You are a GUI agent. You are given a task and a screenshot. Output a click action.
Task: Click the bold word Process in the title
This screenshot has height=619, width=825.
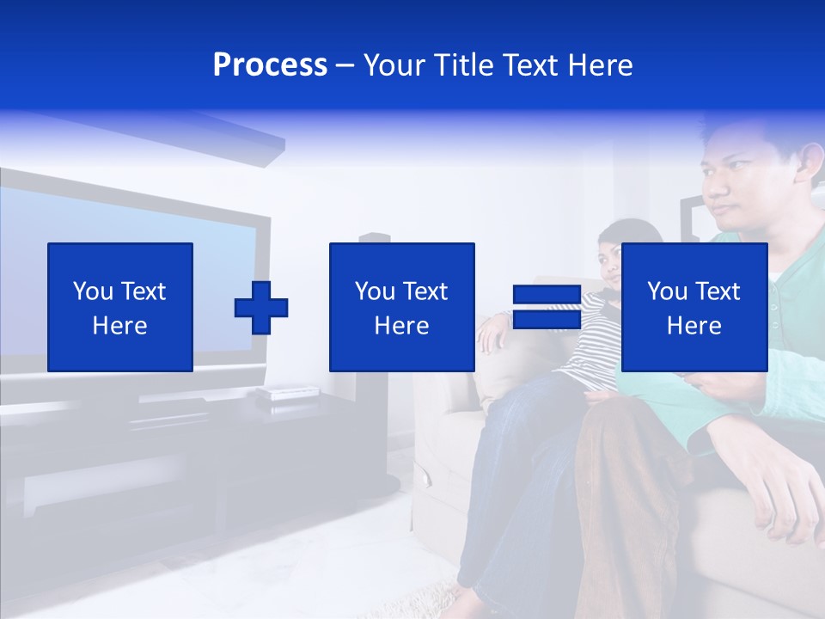270,65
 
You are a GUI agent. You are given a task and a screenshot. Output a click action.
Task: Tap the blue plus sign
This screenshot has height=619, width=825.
261,307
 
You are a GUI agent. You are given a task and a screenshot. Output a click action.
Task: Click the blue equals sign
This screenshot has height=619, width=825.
547,307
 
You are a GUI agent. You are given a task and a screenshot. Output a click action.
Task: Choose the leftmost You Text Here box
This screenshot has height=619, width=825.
120,307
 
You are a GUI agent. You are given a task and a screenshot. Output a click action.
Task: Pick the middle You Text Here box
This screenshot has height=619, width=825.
401,307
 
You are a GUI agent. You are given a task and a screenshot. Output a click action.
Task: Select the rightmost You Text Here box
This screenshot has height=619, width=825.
694,307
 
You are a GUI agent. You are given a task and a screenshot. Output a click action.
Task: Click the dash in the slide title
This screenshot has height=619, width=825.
345,65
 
